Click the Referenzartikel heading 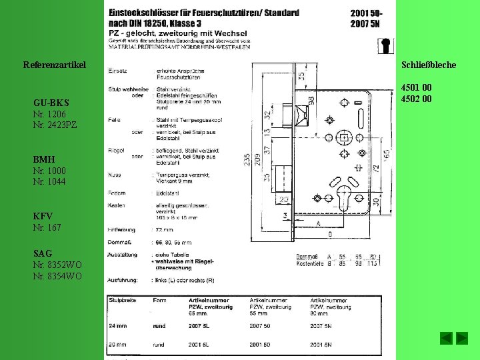tap(55, 65)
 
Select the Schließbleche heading tap(428, 65)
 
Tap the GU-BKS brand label tap(51, 103)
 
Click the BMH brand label tap(44, 160)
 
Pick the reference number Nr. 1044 tap(49, 181)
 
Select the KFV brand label tap(43, 217)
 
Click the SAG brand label tap(43, 254)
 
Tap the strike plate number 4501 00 tap(416, 88)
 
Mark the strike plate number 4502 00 tap(416, 99)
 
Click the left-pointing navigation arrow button tap(446, 338)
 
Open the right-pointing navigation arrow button tap(462, 338)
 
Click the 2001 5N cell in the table tap(323, 345)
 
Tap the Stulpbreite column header tap(122, 301)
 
